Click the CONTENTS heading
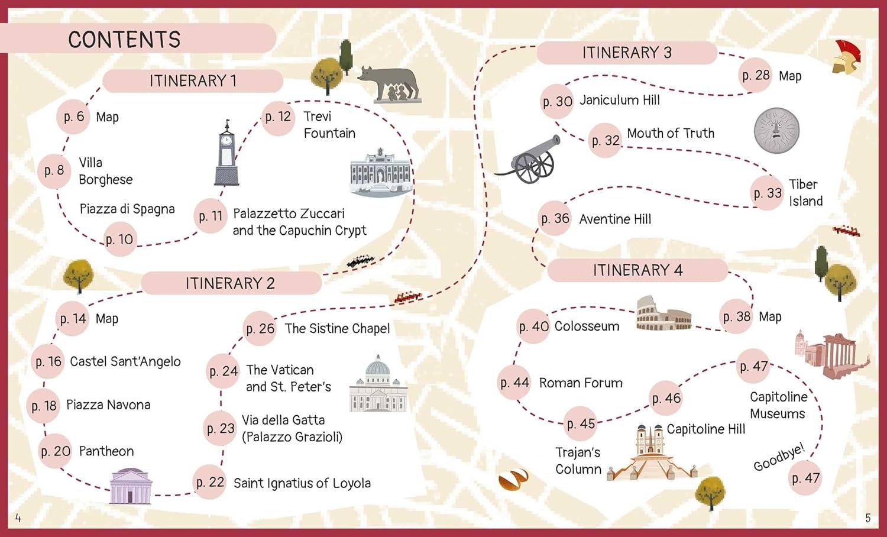124,40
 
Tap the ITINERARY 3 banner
627,53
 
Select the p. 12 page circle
278,117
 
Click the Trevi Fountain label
329,125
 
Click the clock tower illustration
226,154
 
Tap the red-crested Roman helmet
846,58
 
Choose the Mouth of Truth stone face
776,131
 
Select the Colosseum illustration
663,313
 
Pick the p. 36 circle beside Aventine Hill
555,219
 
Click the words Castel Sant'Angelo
125,361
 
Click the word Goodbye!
779,457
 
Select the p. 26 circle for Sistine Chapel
260,328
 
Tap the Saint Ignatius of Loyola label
302,483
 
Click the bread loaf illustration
513,480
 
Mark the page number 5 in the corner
867,518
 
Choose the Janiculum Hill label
620,100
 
